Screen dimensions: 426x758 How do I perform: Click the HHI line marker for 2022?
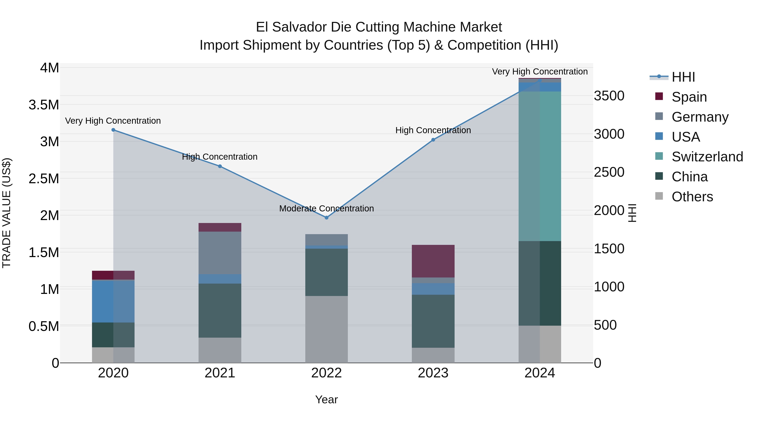(326, 218)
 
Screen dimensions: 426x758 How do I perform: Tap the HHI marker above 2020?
(113, 130)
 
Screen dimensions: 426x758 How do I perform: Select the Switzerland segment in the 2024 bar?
(540, 166)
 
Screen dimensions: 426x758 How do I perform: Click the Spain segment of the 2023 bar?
(433, 261)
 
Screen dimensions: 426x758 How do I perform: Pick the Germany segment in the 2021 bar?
(220, 253)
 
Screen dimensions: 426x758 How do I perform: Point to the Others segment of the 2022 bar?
(326, 329)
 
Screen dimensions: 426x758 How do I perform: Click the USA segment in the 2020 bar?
(113, 301)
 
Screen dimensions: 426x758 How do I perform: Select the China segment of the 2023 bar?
(433, 321)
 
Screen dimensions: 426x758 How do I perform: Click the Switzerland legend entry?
(707, 157)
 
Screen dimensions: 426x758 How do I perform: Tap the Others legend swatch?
(659, 196)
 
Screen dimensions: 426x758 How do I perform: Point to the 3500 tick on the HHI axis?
(609, 96)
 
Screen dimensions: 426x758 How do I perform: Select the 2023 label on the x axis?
(433, 373)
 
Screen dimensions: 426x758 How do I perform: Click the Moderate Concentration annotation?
(326, 208)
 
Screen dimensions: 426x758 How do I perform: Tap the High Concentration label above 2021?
(220, 157)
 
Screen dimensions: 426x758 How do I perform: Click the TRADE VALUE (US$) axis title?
(7, 213)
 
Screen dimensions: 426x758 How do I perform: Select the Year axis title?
(326, 399)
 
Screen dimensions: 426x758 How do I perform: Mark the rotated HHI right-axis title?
(632, 213)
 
